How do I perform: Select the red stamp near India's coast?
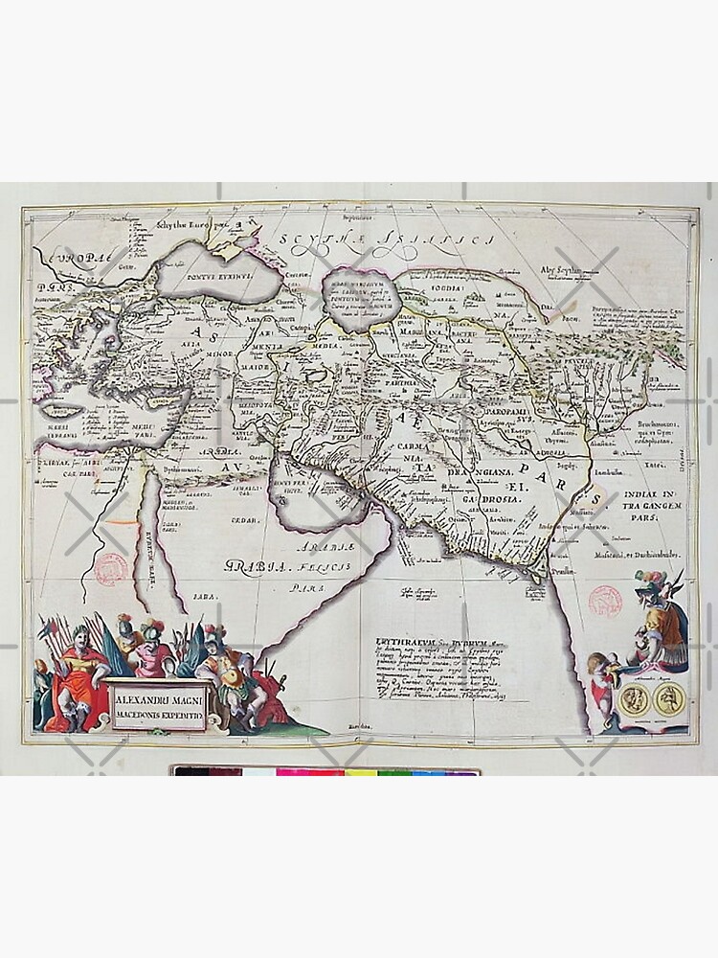605,600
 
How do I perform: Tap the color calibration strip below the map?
325,770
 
